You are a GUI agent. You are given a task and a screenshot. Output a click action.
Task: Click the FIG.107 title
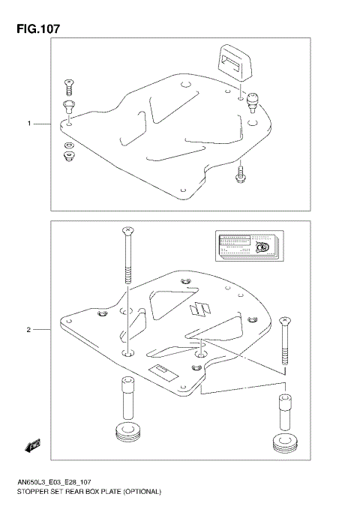(x=35, y=28)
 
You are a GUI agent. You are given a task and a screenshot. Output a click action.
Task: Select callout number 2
(x=28, y=329)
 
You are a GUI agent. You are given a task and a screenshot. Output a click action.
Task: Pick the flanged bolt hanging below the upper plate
(x=239, y=174)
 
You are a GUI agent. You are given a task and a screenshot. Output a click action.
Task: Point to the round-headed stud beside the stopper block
(x=253, y=100)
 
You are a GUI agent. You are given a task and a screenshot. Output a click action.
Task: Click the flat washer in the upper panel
(x=68, y=145)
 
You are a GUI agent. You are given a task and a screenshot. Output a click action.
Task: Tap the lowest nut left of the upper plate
(x=68, y=156)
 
